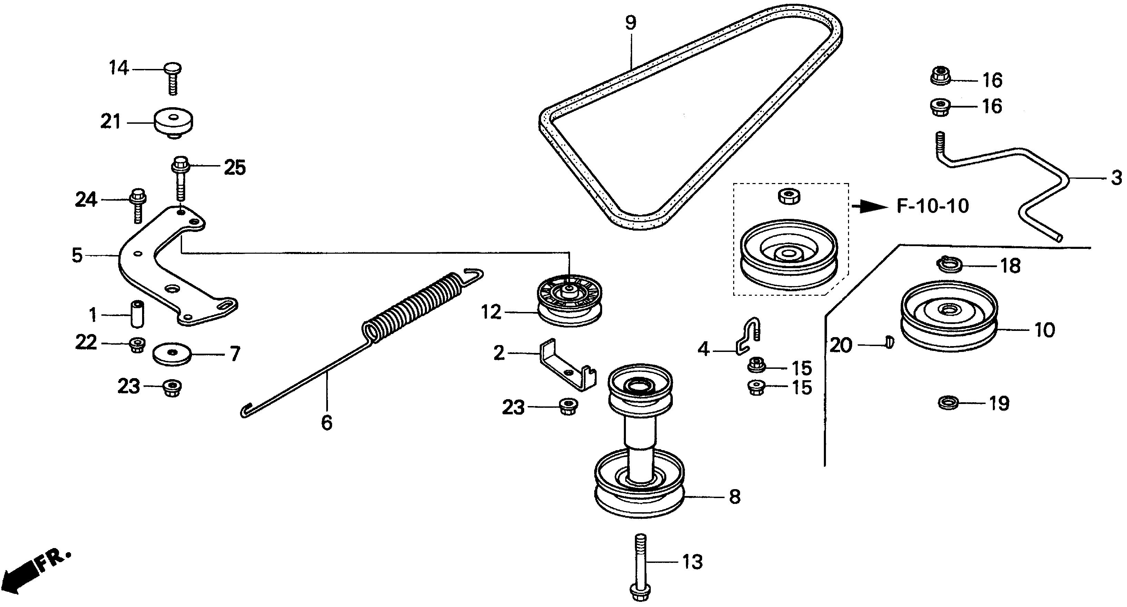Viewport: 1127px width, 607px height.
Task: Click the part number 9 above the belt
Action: pos(630,23)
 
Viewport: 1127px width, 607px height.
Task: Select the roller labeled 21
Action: pos(174,123)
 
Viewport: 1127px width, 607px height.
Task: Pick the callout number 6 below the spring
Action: pos(326,423)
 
